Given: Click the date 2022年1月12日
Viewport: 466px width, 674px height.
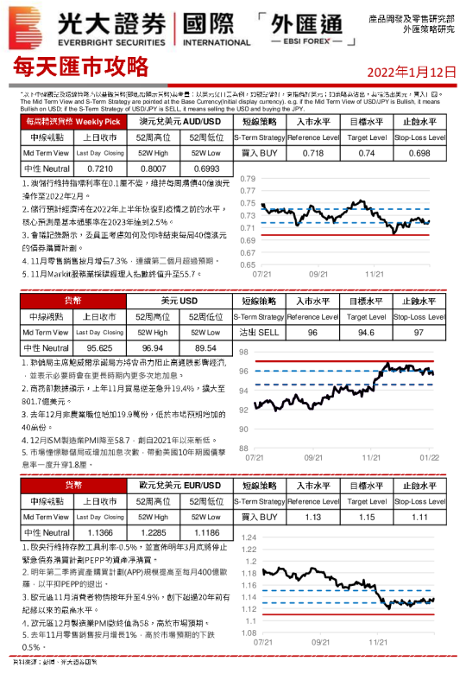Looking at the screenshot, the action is point(412,70).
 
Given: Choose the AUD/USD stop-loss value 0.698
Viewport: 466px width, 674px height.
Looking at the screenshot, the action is point(419,153).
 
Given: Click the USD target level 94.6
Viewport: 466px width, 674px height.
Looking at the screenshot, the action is point(367,332).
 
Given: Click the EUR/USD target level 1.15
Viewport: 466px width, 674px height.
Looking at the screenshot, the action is point(367,517).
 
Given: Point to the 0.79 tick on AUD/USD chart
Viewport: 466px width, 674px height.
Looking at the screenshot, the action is point(247,179).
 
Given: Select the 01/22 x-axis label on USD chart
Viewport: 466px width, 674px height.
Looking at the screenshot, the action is point(429,457).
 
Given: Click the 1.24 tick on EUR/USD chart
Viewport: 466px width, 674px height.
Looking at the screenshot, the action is point(247,537).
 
